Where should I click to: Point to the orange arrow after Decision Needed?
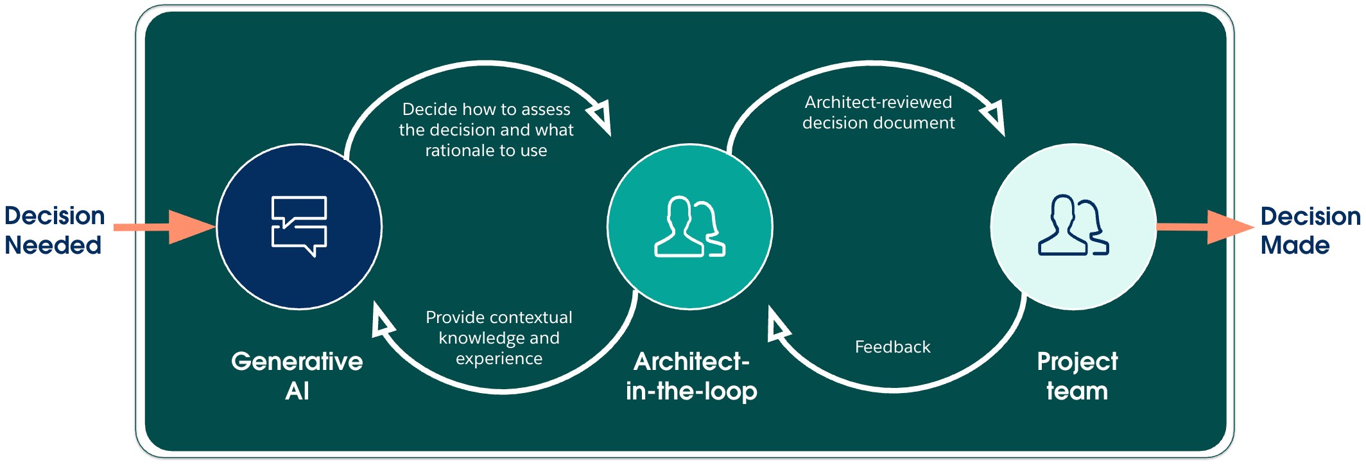(x=164, y=227)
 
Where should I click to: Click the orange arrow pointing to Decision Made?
(x=1204, y=227)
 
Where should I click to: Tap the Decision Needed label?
(x=54, y=230)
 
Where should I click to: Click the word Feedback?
(x=892, y=347)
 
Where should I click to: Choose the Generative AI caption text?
(x=297, y=376)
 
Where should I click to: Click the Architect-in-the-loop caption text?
(x=691, y=376)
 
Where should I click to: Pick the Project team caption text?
(x=1077, y=376)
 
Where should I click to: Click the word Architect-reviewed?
(x=878, y=102)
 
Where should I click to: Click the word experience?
(x=499, y=358)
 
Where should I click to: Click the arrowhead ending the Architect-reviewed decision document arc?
(x=994, y=118)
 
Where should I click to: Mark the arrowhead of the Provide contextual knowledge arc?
(x=383, y=321)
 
